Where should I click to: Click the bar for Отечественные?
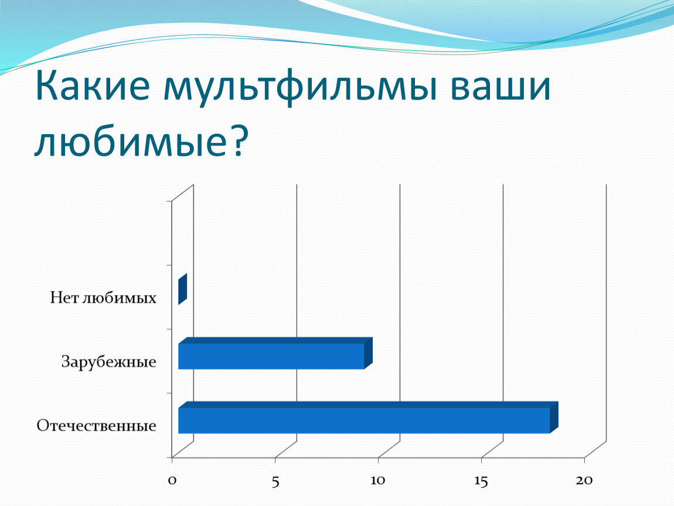coord(368,418)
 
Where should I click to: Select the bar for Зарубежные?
coord(275,354)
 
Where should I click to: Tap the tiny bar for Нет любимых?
coord(182,289)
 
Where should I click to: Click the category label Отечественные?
coord(96,426)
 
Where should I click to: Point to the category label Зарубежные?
coord(109,362)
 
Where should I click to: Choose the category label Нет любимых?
coord(103,298)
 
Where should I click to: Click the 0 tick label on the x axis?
coord(172,480)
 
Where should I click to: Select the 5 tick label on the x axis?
coord(275,481)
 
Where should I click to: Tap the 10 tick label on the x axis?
coord(378,480)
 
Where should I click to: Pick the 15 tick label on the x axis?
coord(481,481)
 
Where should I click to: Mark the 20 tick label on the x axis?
coord(584,480)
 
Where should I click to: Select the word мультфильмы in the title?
coord(300,88)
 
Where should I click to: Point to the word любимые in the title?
coord(131,141)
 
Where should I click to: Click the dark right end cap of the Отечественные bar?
coord(554,418)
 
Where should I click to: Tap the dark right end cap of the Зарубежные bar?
coord(369,354)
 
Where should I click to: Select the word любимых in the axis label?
coord(119,298)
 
